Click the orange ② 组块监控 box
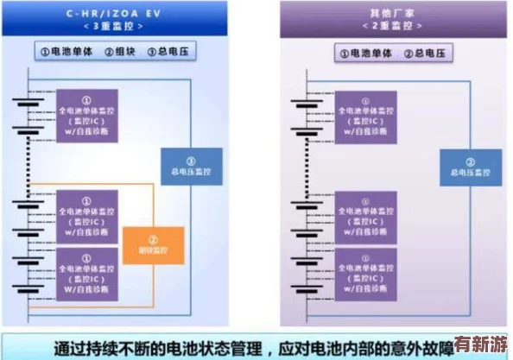coord(154,245)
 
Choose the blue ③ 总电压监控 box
coord(192,166)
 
